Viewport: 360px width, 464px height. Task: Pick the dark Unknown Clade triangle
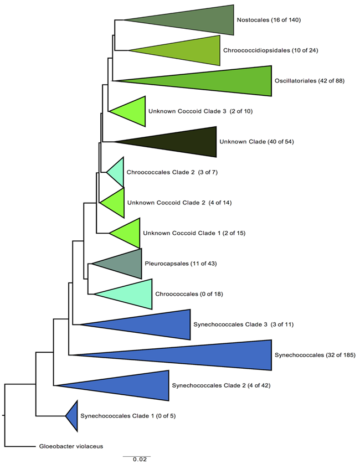pyautogui.click(x=177, y=142)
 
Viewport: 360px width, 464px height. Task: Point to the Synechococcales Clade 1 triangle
pyautogui.click(x=73, y=416)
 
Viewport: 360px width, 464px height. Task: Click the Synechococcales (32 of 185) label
pyautogui.click(x=314, y=355)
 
